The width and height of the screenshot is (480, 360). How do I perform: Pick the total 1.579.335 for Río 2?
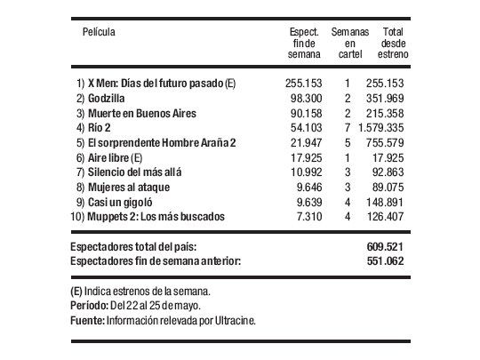pyautogui.click(x=385, y=128)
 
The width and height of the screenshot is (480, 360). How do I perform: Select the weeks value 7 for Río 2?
pyautogui.click(x=348, y=128)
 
